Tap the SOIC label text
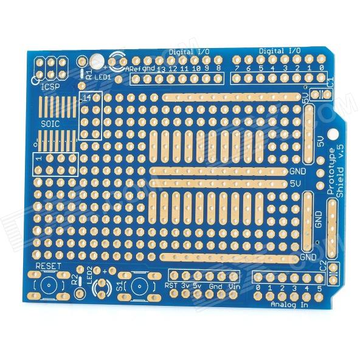click(50, 124)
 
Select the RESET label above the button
click(49, 266)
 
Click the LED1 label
click(102, 78)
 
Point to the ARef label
click(133, 69)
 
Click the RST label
click(171, 285)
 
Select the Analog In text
click(289, 303)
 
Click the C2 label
click(324, 266)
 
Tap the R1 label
click(89, 75)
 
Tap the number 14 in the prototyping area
click(88, 97)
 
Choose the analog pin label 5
click(319, 288)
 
